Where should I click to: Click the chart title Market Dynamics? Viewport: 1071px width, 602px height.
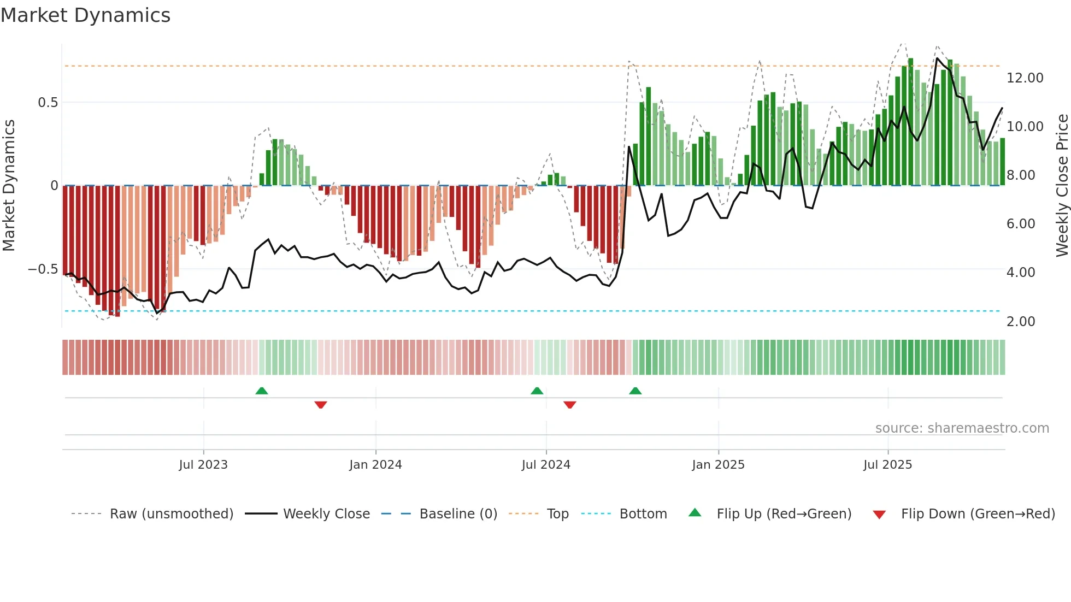[x=85, y=15]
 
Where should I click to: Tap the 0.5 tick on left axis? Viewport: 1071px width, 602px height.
[x=48, y=103]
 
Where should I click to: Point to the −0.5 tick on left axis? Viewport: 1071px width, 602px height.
[x=43, y=269]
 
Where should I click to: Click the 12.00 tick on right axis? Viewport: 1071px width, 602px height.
[x=1025, y=78]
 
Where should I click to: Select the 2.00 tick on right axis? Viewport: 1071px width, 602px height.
[x=1020, y=322]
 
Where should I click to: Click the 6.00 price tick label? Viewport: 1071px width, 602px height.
[x=1020, y=224]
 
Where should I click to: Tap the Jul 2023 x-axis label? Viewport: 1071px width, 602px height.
[x=203, y=465]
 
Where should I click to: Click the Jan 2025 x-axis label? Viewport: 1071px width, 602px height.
[x=717, y=465]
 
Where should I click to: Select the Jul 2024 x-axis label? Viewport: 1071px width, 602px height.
[x=545, y=465]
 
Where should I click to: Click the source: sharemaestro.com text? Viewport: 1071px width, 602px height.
[x=962, y=428]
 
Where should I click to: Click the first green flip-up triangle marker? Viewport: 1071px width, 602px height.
[x=262, y=391]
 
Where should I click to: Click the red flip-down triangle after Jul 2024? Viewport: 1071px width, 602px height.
[x=569, y=404]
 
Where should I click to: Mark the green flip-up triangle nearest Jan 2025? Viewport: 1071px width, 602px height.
[x=635, y=391]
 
